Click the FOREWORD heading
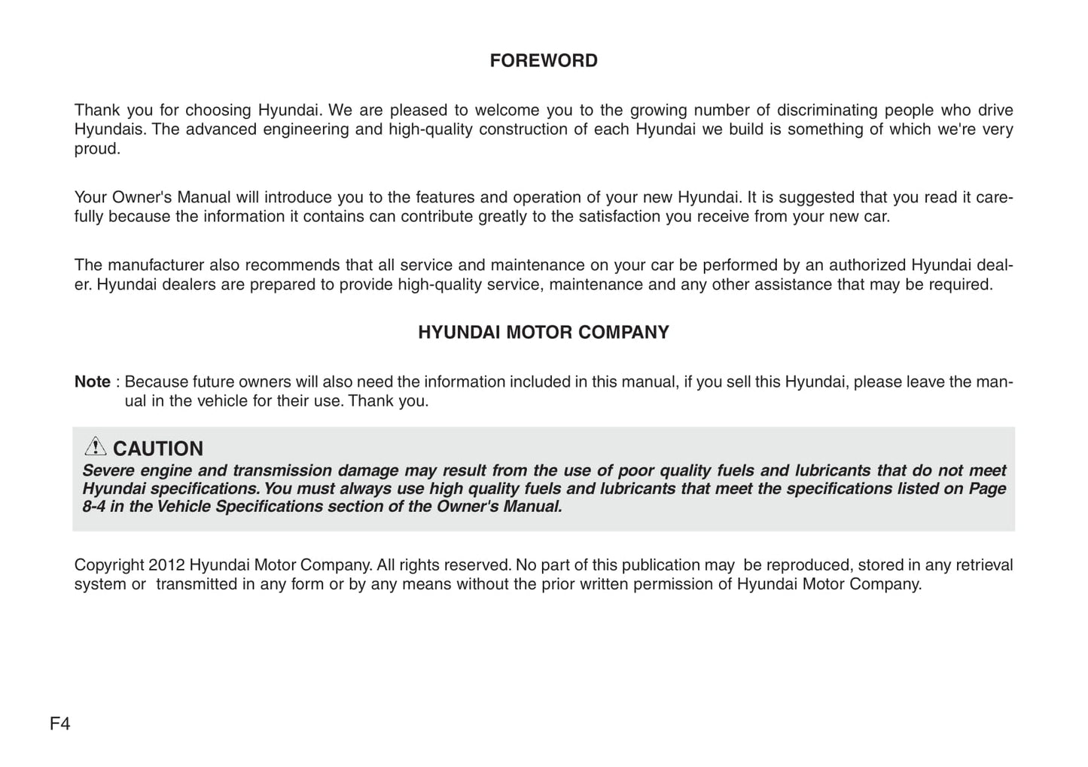click(x=544, y=61)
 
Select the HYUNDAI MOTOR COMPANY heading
click(x=544, y=333)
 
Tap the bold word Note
click(x=92, y=382)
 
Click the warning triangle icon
click(x=95, y=447)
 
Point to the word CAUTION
click(x=158, y=449)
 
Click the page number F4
click(x=60, y=724)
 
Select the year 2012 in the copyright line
click(x=166, y=565)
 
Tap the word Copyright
click(x=109, y=565)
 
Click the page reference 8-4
click(x=93, y=507)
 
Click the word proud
click(x=96, y=148)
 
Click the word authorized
click(x=864, y=265)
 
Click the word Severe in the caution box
click(x=108, y=470)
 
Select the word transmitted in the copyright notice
click(x=197, y=584)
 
